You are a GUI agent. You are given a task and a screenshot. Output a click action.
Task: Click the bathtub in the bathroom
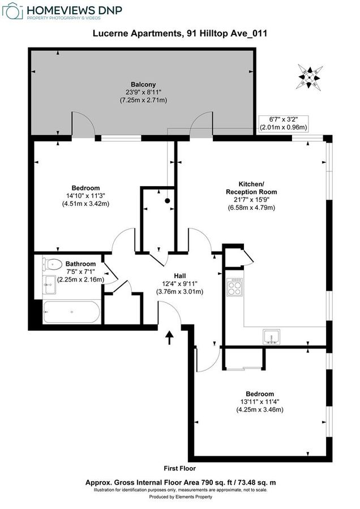[72, 312]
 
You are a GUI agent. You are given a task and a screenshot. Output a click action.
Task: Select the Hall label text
[179, 276]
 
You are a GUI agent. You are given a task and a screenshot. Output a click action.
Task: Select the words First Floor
[179, 468]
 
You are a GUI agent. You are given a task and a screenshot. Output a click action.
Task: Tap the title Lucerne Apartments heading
[179, 34]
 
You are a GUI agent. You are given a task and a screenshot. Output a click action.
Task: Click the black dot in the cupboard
[168, 200]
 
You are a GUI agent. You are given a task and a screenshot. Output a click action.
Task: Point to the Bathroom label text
[80, 264]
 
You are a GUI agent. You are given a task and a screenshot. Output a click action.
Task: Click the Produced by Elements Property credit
[179, 497]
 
